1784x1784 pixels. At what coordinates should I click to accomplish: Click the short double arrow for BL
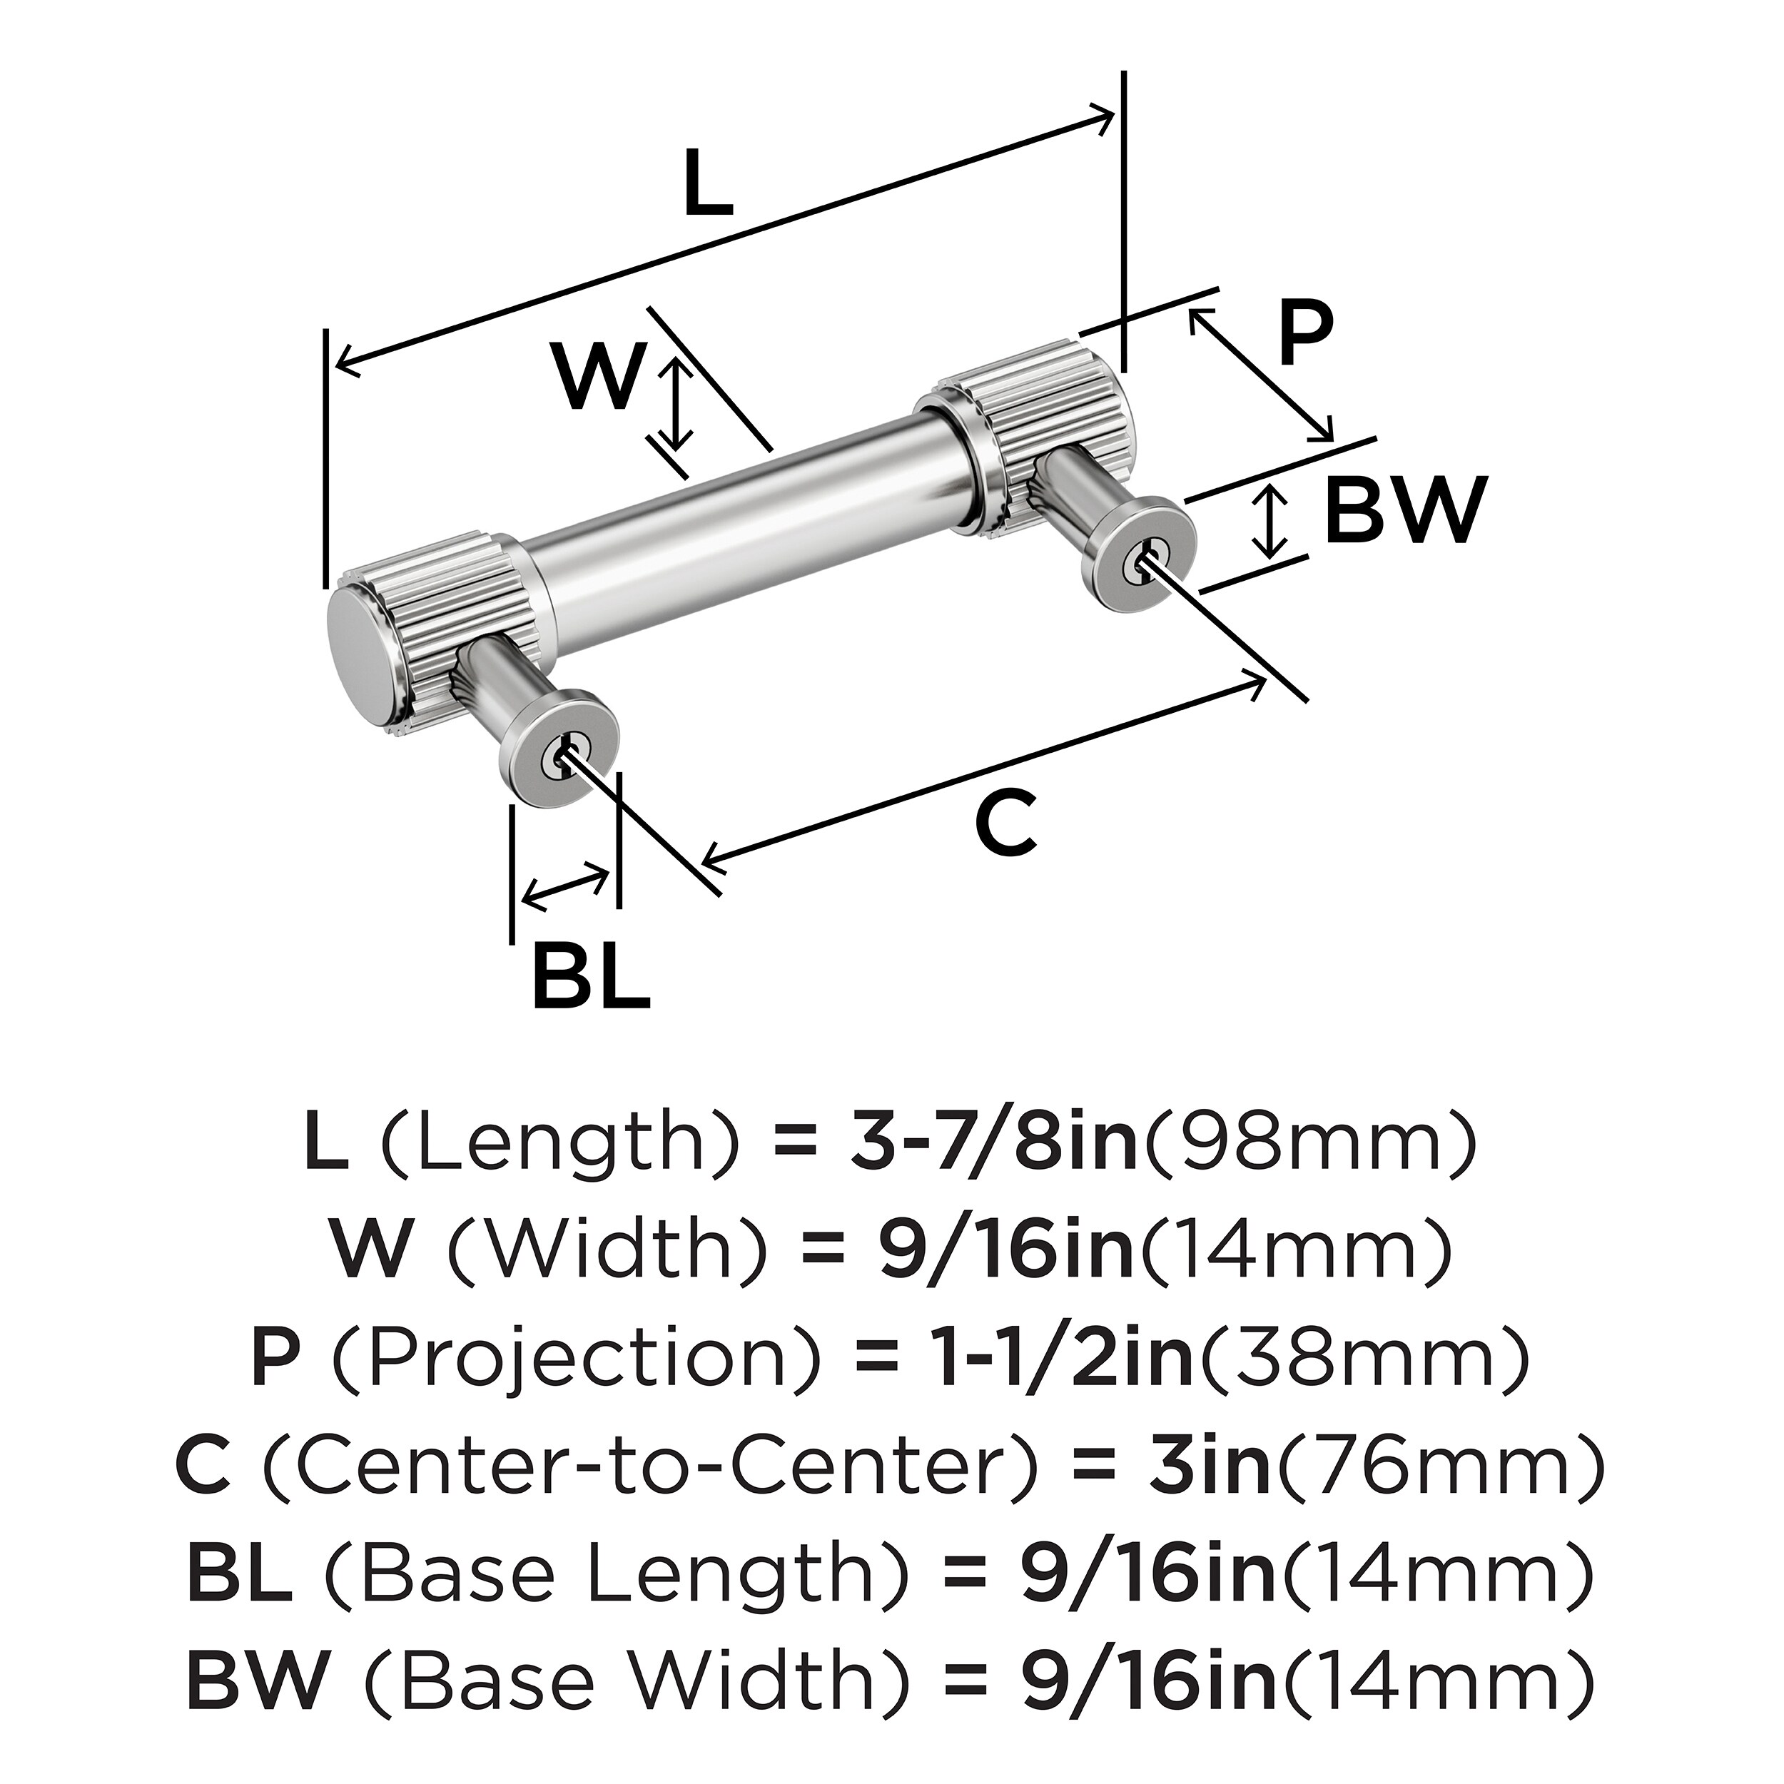click(565, 886)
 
